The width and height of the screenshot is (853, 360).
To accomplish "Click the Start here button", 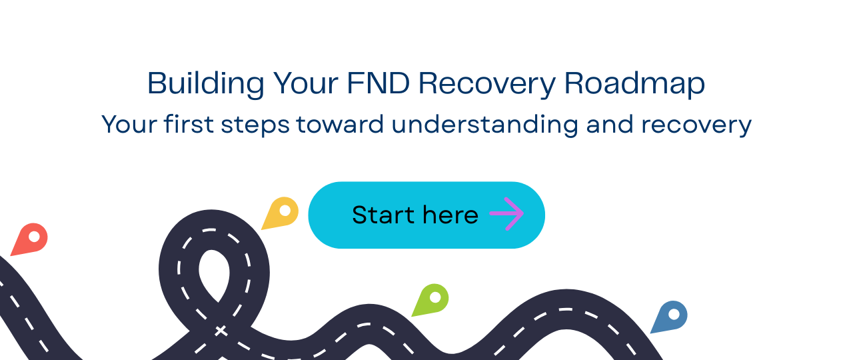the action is tap(426, 215).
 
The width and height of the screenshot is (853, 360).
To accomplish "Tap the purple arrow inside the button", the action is tap(506, 214).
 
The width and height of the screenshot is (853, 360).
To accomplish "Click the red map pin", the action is tap(31, 239).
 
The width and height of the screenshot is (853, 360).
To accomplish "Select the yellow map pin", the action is tap(281, 213).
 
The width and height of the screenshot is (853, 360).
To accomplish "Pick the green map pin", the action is tap(432, 299).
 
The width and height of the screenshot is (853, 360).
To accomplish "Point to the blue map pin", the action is tap(670, 317).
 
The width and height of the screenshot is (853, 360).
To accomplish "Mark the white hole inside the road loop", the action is tap(214, 273).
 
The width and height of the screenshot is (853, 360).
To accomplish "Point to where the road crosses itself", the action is tap(219, 329).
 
